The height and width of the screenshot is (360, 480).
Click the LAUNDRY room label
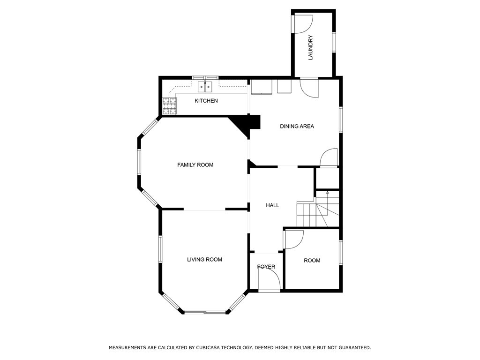coord(310,47)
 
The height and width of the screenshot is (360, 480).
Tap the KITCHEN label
coord(206,101)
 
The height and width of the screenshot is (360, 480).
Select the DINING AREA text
coord(297,126)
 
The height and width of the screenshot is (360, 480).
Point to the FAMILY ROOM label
coord(195,165)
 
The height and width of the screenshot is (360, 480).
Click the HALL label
coord(272,205)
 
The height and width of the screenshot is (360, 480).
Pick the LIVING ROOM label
coord(204,260)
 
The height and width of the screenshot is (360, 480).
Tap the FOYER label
coord(266,267)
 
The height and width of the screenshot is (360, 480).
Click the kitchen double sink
coord(205,87)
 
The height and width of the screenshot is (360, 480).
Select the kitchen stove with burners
coord(170,106)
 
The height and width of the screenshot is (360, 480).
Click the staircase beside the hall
coord(318,212)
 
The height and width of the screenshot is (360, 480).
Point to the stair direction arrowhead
coord(328,193)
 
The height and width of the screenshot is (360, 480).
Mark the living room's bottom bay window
coord(205,313)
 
